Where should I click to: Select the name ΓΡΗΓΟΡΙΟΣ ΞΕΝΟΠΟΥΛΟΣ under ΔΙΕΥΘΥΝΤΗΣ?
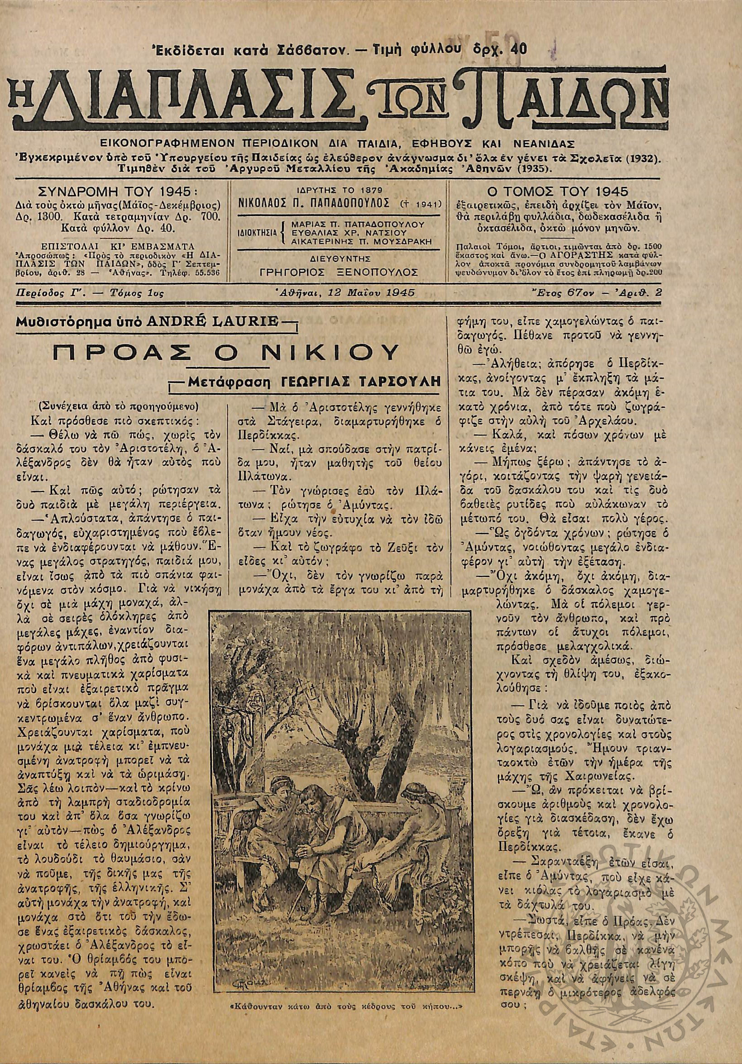339,272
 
